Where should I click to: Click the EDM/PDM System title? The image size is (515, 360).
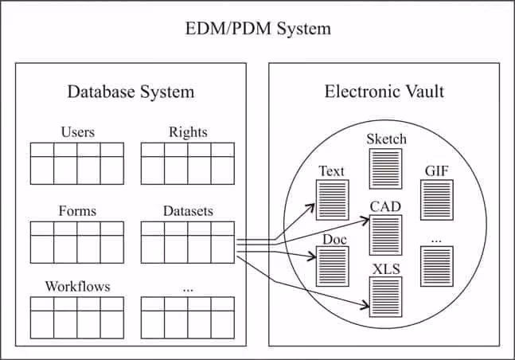coord(256,29)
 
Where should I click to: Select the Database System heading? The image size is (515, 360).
coord(130,92)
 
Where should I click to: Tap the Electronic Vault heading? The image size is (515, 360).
coord(384,92)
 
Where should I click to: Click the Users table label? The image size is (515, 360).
coord(77,132)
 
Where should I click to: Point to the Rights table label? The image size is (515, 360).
coord(188,132)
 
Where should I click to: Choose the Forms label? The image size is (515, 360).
coord(77,211)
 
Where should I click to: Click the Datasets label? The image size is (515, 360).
coord(188,211)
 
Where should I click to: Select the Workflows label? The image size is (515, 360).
coord(77,286)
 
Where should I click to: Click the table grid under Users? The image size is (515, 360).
coord(77,163)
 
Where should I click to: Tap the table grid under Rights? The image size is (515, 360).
coord(188,163)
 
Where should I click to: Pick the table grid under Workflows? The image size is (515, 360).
coord(77,317)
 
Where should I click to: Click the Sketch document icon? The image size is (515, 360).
coord(386,168)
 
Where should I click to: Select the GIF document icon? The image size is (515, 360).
coord(437,199)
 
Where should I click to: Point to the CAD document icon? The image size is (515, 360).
coord(386,234)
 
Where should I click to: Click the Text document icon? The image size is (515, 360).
coord(333,199)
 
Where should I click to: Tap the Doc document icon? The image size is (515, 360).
coord(333,265)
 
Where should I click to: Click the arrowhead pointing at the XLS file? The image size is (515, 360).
coord(365,304)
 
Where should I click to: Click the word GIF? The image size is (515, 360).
coord(437,170)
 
